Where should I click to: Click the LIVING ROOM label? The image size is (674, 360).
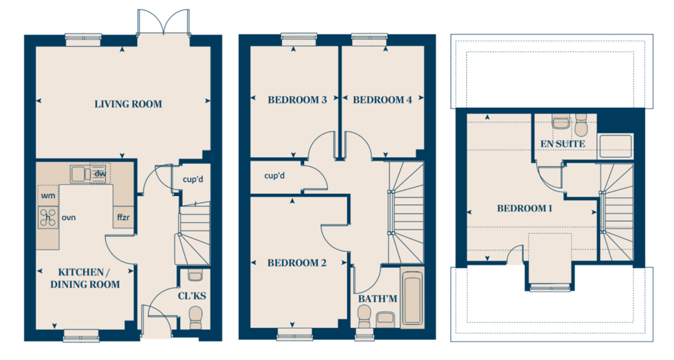click(x=128, y=104)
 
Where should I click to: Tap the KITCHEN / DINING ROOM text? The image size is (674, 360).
click(x=85, y=278)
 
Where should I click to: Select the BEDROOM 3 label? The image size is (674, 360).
click(x=297, y=100)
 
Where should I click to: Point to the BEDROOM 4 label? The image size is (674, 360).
click(x=382, y=100)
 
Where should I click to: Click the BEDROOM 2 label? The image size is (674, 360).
click(x=297, y=263)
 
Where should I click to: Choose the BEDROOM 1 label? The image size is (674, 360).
click(x=525, y=209)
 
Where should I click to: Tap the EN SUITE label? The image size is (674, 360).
click(x=562, y=144)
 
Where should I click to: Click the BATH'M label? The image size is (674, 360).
click(x=378, y=298)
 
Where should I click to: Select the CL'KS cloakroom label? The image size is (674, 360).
click(x=192, y=296)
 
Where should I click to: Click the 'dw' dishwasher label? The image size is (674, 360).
click(x=100, y=174)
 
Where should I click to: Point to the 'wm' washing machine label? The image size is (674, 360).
click(x=48, y=196)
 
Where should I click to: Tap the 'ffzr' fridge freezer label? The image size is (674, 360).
click(x=123, y=217)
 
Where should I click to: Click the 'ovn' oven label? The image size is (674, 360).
click(x=69, y=218)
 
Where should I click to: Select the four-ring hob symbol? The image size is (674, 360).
click(x=48, y=217)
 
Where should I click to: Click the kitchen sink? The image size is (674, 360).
click(x=80, y=174)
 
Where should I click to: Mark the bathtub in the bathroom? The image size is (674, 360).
click(x=412, y=298)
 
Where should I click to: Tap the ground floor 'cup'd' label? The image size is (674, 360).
click(x=193, y=179)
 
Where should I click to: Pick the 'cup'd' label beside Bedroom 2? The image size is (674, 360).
click(x=275, y=176)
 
